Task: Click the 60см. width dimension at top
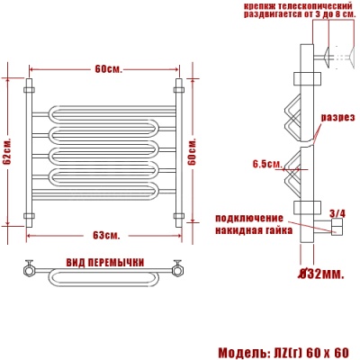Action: pyautogui.click(x=105, y=69)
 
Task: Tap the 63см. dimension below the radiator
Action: pyautogui.click(x=105, y=236)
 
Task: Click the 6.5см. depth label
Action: pyautogui.click(x=266, y=164)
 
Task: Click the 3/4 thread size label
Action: pyautogui.click(x=337, y=213)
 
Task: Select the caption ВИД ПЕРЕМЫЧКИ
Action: pyautogui.click(x=105, y=261)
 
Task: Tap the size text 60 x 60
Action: pyautogui.click(x=328, y=351)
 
